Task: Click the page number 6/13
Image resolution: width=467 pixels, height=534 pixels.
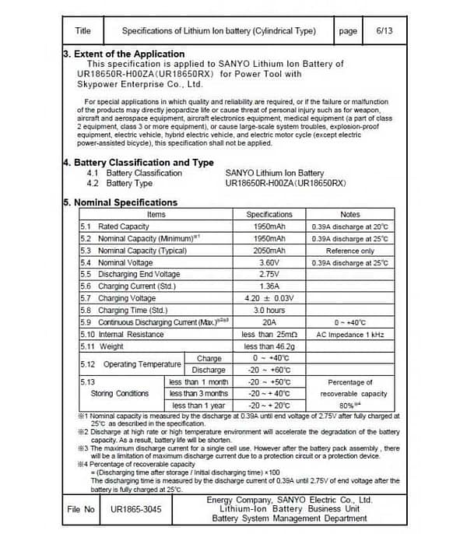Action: point(384,31)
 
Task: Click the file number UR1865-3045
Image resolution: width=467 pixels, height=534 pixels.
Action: point(137,510)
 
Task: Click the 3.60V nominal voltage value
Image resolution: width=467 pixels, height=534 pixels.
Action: point(269,263)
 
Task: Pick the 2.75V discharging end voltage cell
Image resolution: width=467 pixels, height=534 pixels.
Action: point(269,275)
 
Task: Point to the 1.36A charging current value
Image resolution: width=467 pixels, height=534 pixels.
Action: point(269,286)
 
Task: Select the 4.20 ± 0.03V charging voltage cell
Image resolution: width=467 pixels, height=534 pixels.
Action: point(269,298)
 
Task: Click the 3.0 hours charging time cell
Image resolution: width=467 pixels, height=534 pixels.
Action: point(269,311)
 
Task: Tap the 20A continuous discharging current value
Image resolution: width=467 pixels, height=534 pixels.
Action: point(269,322)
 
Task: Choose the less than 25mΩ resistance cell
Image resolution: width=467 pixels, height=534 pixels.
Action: point(269,334)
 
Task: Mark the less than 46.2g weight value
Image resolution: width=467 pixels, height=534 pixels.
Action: point(269,346)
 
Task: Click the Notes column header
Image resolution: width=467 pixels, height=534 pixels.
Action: point(350,214)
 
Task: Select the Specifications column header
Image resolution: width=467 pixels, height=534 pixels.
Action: point(269,214)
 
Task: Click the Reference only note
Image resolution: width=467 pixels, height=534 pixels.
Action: point(350,251)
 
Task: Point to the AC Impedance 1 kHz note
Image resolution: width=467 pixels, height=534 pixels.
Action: point(350,334)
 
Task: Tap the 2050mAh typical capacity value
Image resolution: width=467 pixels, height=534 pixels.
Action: point(269,251)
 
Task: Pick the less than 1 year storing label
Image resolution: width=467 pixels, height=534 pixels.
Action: point(198,406)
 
